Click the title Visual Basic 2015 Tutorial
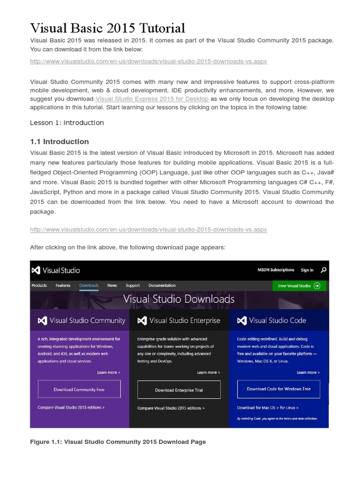[107, 28]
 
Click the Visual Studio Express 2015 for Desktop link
[152, 99]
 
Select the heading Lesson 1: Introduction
[67, 123]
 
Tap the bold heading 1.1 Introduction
[59, 142]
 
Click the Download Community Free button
[79, 390]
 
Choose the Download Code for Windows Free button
[278, 389]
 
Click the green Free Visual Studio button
[299, 285]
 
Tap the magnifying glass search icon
[323, 270]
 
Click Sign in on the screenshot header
[307, 270]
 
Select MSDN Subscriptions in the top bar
[276, 270]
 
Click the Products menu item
[39, 285]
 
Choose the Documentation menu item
[162, 285]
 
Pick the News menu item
[112, 285]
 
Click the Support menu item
[133, 285]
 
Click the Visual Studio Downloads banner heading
[179, 299]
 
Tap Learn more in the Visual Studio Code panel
[308, 373]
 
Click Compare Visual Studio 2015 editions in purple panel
[71, 408]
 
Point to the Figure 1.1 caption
[118, 442]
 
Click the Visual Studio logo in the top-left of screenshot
[55, 270]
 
